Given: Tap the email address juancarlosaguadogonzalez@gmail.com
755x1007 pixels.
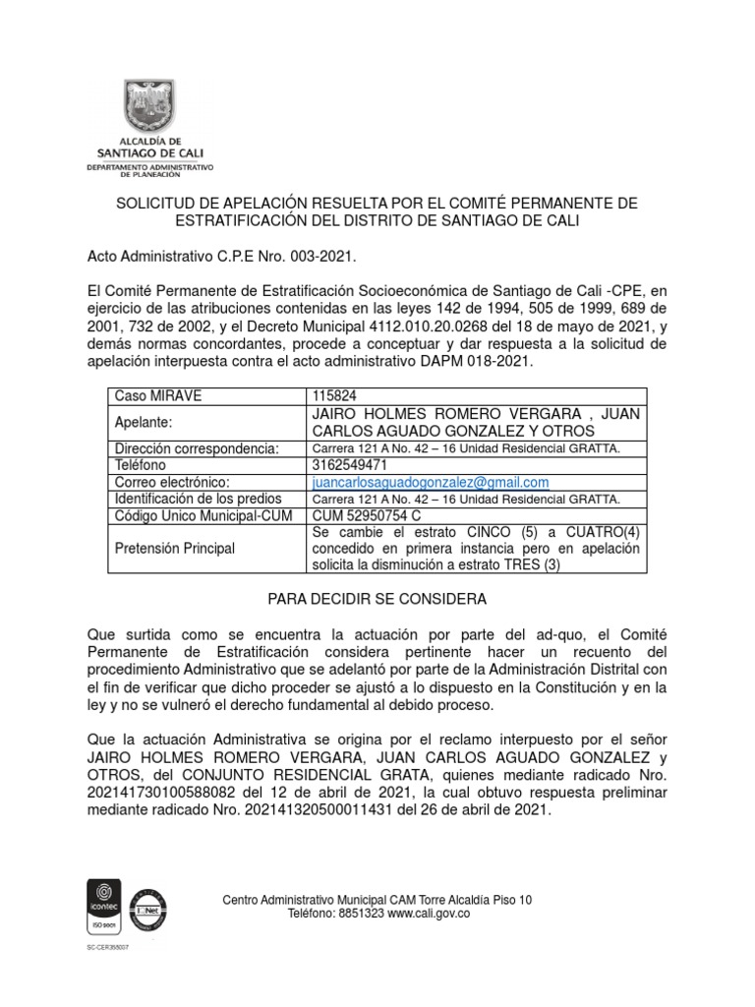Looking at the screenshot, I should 429,482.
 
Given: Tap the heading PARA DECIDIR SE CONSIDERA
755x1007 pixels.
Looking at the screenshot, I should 377,598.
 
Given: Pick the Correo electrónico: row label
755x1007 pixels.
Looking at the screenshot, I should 172,482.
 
